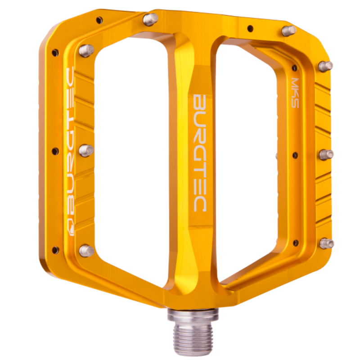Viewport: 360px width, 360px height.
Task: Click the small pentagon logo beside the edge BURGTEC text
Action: [71, 227]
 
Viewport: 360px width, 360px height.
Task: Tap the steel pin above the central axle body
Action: [150, 19]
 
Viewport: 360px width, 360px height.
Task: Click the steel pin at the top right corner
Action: [288, 31]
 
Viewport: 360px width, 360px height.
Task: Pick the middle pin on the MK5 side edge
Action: [326, 154]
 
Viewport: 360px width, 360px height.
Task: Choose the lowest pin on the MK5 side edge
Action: [327, 243]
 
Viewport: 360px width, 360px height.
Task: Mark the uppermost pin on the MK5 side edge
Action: [326, 66]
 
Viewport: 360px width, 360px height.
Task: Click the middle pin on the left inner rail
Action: [86, 150]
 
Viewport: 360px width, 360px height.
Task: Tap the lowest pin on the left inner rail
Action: [86, 250]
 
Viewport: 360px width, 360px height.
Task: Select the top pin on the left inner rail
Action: [86, 50]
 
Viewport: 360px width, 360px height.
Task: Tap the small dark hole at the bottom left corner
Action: [55, 250]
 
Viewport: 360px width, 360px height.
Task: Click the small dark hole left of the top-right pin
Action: [250, 28]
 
